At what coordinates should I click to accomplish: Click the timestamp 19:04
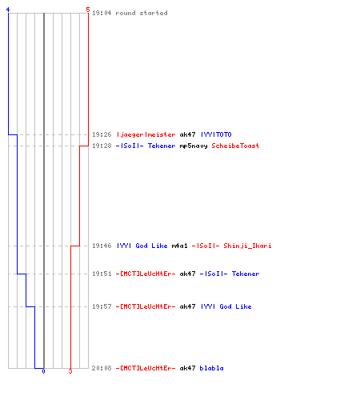click(x=102, y=13)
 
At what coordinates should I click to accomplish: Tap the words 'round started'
click(x=142, y=13)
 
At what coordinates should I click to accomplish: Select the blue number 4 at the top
click(x=8, y=10)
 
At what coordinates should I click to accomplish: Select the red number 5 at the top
click(x=88, y=10)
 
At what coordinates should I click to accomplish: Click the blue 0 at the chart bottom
click(x=43, y=371)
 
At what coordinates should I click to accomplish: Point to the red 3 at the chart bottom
click(x=70, y=371)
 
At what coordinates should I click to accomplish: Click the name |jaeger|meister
click(x=146, y=134)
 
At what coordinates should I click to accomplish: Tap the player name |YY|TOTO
click(x=216, y=134)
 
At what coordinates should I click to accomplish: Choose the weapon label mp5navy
click(x=194, y=146)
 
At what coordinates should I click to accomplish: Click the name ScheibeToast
click(x=235, y=146)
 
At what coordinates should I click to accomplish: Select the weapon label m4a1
click(x=179, y=246)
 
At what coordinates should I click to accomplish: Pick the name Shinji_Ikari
click(x=247, y=246)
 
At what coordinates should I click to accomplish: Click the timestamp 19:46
click(x=102, y=246)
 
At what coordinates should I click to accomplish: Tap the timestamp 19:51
click(x=102, y=274)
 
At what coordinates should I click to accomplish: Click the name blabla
click(x=211, y=368)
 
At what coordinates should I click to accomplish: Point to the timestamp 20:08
click(x=102, y=368)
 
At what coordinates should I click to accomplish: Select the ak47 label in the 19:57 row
click(x=187, y=306)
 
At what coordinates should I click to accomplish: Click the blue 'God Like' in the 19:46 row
click(x=151, y=246)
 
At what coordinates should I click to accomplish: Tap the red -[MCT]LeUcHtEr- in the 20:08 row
click(x=146, y=368)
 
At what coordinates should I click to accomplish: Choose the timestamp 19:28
click(x=102, y=146)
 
